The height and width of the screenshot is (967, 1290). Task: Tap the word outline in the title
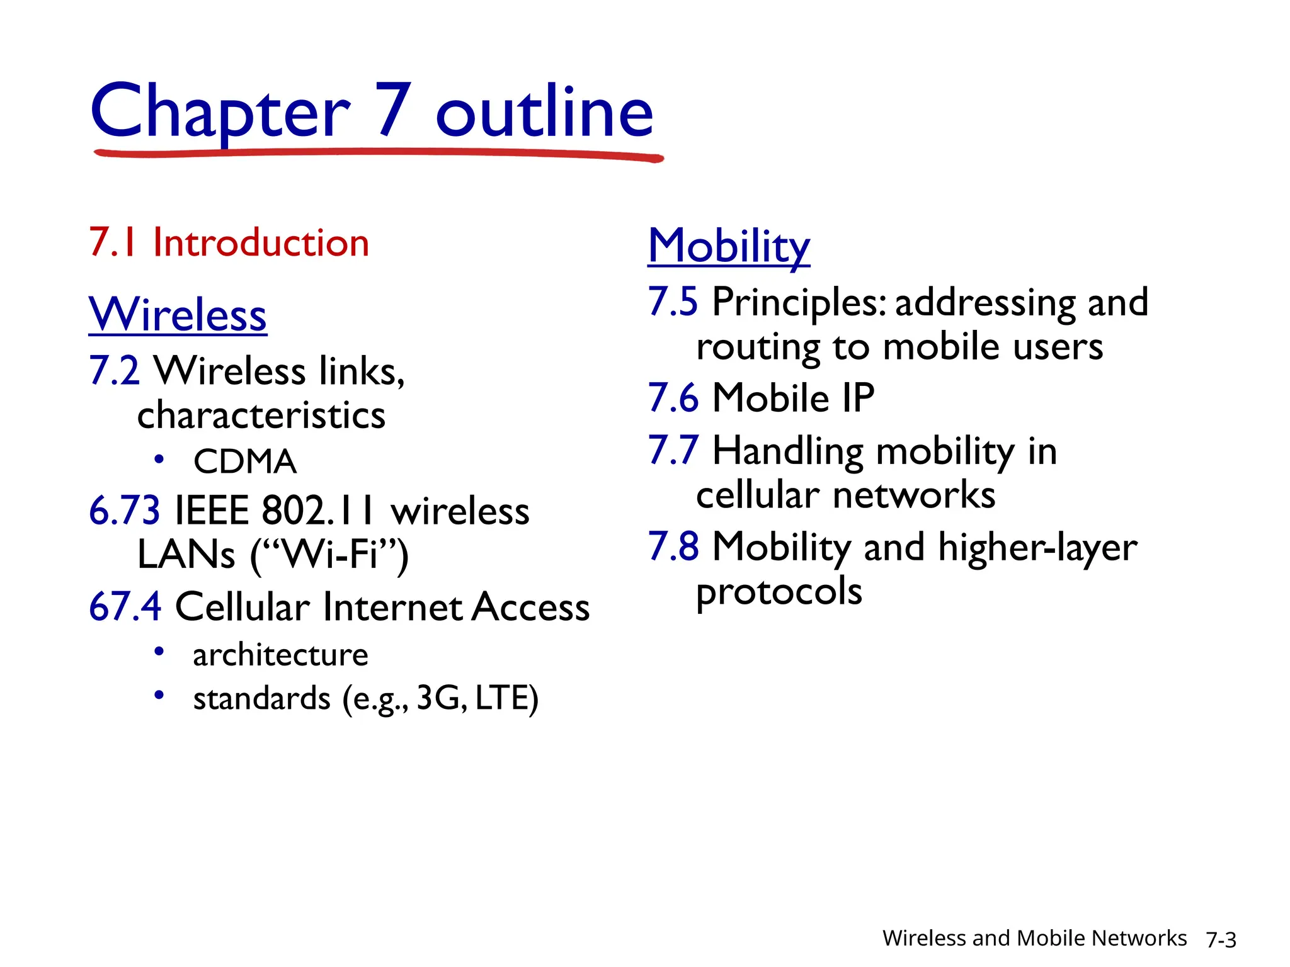[x=545, y=112]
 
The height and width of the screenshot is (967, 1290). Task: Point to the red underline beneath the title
[x=378, y=153]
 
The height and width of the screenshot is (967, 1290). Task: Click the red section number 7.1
[x=113, y=243]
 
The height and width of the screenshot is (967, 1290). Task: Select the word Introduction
[x=261, y=243]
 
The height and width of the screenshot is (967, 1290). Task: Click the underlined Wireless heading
[x=178, y=314]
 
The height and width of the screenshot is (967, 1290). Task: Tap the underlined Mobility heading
[x=729, y=246]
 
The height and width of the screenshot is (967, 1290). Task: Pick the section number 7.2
[x=114, y=370]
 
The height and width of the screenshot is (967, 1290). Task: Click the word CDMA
[x=245, y=461]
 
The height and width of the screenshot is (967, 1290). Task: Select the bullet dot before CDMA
[x=159, y=460]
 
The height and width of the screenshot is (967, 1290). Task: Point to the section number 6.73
[x=125, y=511]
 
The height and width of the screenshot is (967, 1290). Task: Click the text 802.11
[x=318, y=511]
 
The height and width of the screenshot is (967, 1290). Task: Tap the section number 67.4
[x=125, y=607]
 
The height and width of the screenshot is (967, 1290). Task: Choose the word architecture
[x=280, y=655]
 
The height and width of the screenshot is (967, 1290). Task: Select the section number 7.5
[x=673, y=302]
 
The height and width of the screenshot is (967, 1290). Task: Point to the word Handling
[x=788, y=451]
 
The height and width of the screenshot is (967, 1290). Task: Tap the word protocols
[x=779, y=592]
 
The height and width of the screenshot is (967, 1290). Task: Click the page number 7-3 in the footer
[x=1221, y=940]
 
